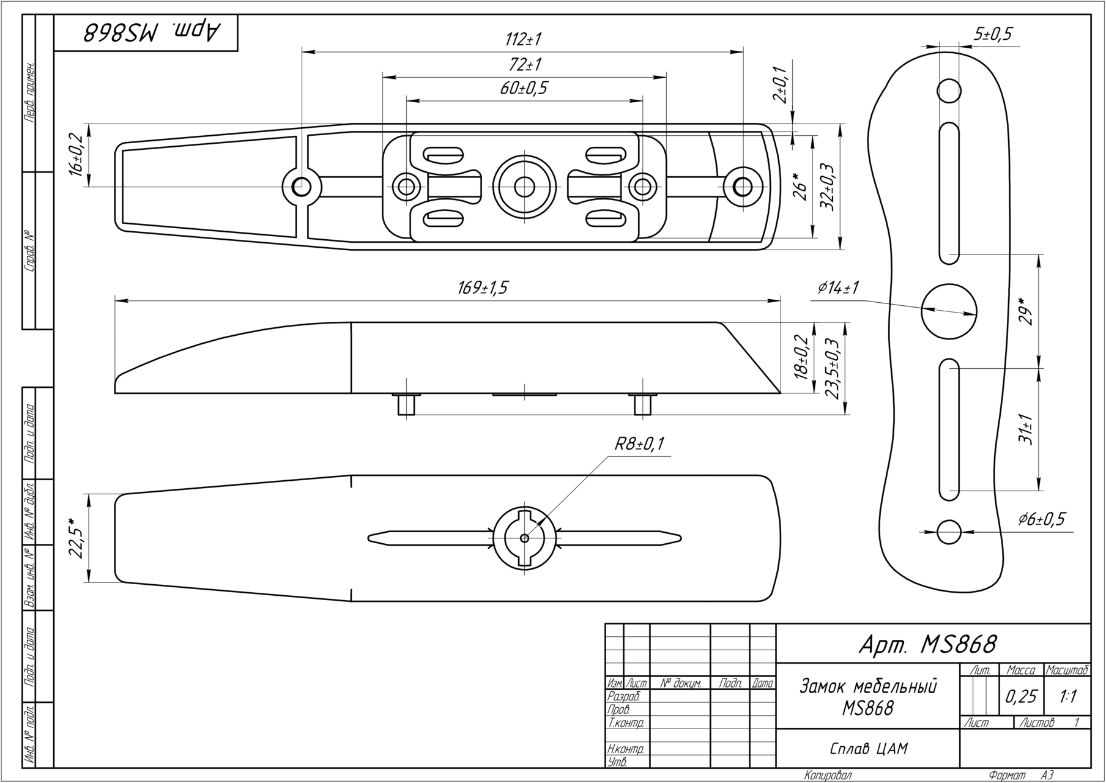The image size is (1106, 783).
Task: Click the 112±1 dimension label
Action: [524, 40]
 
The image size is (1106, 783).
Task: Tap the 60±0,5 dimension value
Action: [524, 89]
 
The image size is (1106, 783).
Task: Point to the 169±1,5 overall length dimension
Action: [483, 288]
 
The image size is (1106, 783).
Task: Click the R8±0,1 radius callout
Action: [640, 444]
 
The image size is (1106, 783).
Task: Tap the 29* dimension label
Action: [1026, 311]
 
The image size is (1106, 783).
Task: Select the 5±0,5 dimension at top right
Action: [993, 34]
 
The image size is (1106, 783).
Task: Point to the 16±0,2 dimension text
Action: [76, 155]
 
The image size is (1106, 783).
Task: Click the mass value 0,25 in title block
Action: [1021, 696]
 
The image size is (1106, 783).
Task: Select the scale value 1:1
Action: [1068, 696]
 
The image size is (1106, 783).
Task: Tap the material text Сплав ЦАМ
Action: [869, 748]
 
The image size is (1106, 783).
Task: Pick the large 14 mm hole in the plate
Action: [948, 311]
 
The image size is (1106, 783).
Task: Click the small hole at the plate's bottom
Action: [949, 531]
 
